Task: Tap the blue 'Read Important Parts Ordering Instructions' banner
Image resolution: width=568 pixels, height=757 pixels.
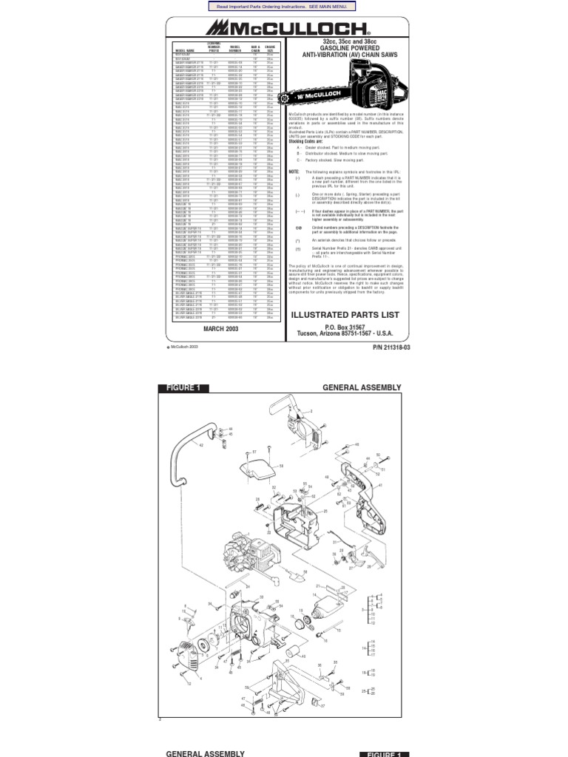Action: click(283, 6)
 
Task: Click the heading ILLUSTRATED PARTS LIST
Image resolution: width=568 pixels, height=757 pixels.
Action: click(346, 314)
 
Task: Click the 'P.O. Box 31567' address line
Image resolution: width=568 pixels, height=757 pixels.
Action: click(346, 326)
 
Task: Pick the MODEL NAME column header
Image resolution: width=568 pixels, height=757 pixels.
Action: click(183, 50)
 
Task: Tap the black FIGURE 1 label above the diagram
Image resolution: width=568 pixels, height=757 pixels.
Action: click(183, 388)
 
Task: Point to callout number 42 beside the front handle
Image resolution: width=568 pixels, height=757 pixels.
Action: click(199, 447)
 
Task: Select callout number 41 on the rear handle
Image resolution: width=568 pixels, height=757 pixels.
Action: click(381, 486)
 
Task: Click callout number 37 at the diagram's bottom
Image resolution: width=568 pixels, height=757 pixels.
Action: click(322, 706)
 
